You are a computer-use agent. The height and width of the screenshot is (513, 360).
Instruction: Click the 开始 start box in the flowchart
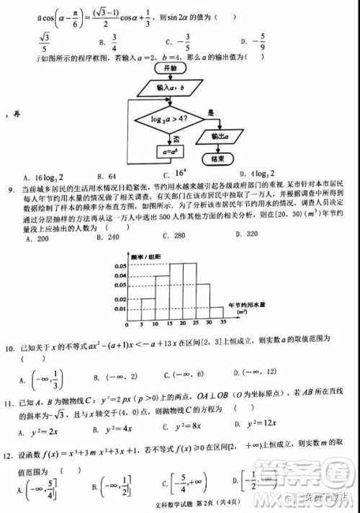pos(171,66)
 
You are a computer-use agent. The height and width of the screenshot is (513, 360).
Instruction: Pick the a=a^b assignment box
pos(171,153)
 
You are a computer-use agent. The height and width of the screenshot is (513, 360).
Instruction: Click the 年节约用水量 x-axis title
pos(247,305)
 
